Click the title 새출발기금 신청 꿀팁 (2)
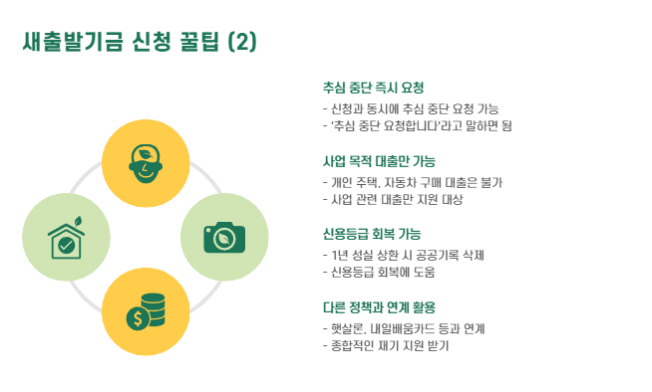[140, 42]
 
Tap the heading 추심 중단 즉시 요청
[373, 88]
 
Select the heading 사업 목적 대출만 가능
[379, 161]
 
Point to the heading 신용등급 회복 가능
[372, 234]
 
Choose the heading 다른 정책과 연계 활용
[379, 307]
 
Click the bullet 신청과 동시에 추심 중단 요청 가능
[411, 108]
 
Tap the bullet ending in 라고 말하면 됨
[417, 125]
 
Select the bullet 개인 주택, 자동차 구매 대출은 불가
[413, 182]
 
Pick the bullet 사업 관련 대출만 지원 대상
[393, 199]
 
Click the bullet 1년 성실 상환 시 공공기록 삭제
[404, 255]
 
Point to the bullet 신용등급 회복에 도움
[379, 273]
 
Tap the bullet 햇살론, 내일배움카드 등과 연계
[404, 329]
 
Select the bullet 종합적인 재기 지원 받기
[386, 346]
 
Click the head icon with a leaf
[146, 164]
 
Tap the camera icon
[224, 237]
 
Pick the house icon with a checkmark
[66, 238]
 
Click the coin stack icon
[146, 312]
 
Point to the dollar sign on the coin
[138, 319]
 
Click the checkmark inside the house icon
[66, 245]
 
